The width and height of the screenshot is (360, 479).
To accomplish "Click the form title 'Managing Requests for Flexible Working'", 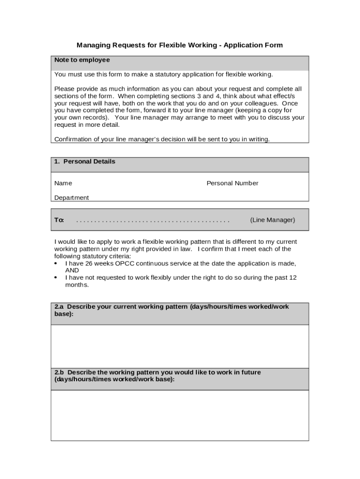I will click(146, 45).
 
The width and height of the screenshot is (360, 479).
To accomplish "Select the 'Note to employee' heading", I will click(82, 60).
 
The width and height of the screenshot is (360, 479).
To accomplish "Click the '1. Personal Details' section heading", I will click(84, 162).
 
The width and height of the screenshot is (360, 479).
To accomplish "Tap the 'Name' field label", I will click(63, 183).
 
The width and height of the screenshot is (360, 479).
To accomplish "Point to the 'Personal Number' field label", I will click(232, 183).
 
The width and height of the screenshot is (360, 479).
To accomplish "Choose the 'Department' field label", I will click(72, 198).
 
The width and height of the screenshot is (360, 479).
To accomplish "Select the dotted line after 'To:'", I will click(153, 220).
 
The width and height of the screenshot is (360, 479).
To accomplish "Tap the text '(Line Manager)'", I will click(273, 220).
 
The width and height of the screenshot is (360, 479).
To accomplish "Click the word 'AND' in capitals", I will click(72, 270).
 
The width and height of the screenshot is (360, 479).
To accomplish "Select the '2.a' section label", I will click(59, 307).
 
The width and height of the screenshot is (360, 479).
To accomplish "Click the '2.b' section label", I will click(59, 372).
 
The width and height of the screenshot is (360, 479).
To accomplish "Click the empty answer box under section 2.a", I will click(180, 346).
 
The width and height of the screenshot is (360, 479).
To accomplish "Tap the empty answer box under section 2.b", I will click(180, 415).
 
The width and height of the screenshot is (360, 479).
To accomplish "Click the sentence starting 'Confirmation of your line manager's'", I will click(162, 139).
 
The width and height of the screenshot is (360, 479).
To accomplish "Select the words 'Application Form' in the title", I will click(253, 45).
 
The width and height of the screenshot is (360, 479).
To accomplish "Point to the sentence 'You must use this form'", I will click(163, 75).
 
